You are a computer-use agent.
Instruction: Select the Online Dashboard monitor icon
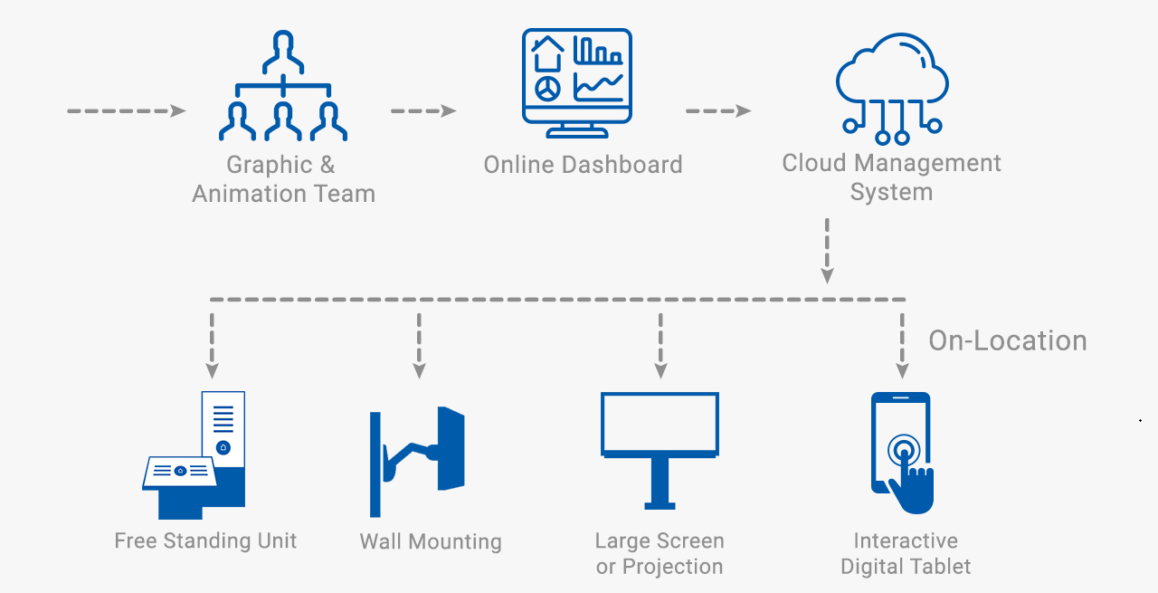[576, 82]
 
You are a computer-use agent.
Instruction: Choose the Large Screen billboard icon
[660, 449]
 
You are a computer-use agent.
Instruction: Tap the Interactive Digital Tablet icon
[901, 453]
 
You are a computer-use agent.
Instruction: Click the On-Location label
[1008, 341]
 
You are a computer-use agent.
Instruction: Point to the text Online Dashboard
[583, 165]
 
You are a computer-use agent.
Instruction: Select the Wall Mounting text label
[431, 542]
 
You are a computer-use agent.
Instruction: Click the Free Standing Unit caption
[205, 541]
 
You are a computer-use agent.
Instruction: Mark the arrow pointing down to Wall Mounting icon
[419, 346]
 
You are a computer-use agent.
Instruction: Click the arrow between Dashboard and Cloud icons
[717, 111]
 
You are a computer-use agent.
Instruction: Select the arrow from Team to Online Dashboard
[422, 111]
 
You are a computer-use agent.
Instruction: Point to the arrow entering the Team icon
[126, 111]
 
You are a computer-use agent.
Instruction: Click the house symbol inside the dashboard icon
[547, 54]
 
